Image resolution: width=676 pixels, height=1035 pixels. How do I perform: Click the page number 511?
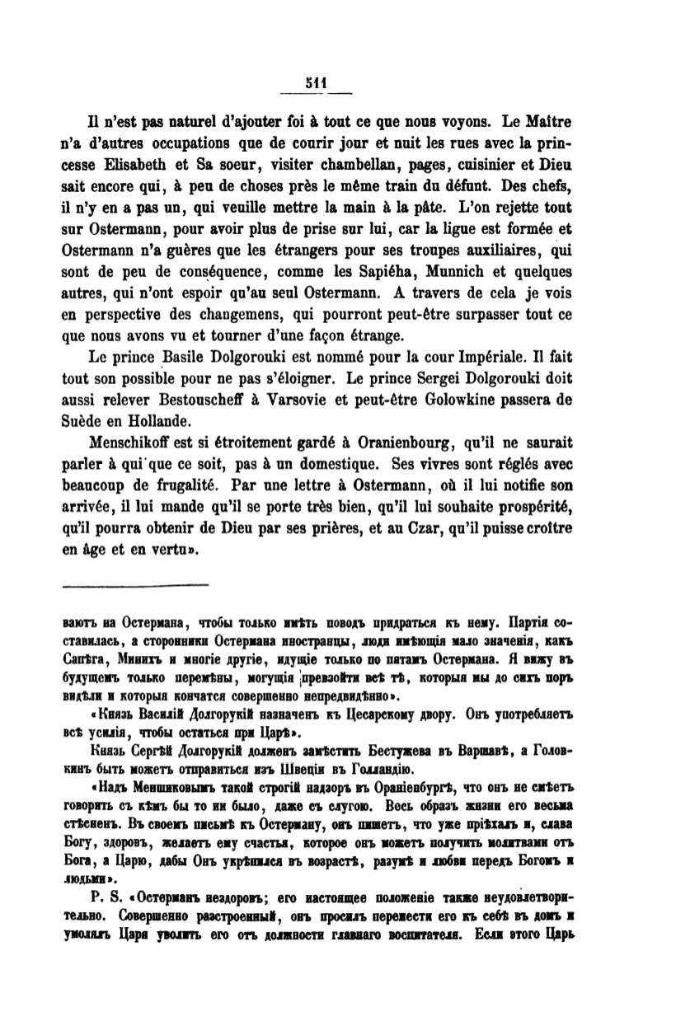pos(315,82)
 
